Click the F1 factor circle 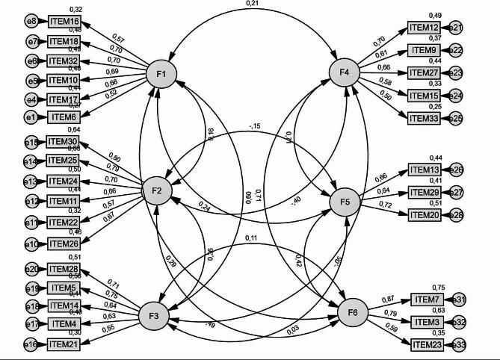pyautogui.click(x=161, y=73)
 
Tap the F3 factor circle pyautogui.click(x=154, y=317)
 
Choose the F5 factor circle pyautogui.click(x=345, y=202)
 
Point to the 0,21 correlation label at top pyautogui.click(x=251, y=6)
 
